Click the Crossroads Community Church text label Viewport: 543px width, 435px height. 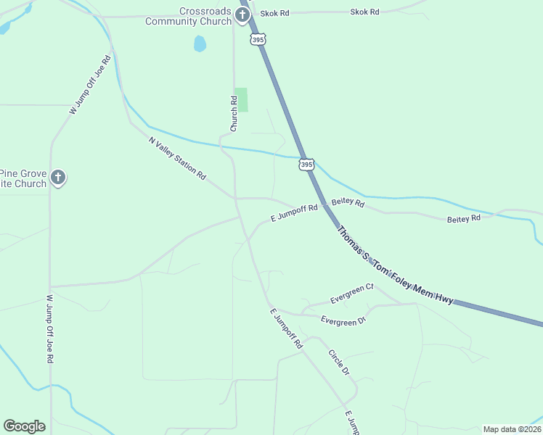click(187, 16)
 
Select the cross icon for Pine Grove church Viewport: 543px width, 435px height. click(58, 178)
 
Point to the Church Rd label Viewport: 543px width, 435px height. click(234, 114)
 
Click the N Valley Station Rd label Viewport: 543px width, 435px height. click(177, 159)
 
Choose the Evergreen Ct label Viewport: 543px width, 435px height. click(351, 293)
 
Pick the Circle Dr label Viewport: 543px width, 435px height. click(339, 362)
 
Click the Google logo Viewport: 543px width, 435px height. click(24, 426)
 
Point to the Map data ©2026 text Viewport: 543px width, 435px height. click(512, 429)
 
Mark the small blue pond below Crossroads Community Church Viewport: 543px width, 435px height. click(200, 43)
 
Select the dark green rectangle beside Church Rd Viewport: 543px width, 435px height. click(241, 99)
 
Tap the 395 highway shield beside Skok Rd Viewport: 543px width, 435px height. click(258, 39)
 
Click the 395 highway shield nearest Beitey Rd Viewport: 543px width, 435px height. click(306, 165)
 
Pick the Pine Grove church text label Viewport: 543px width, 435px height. click(23, 178)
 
